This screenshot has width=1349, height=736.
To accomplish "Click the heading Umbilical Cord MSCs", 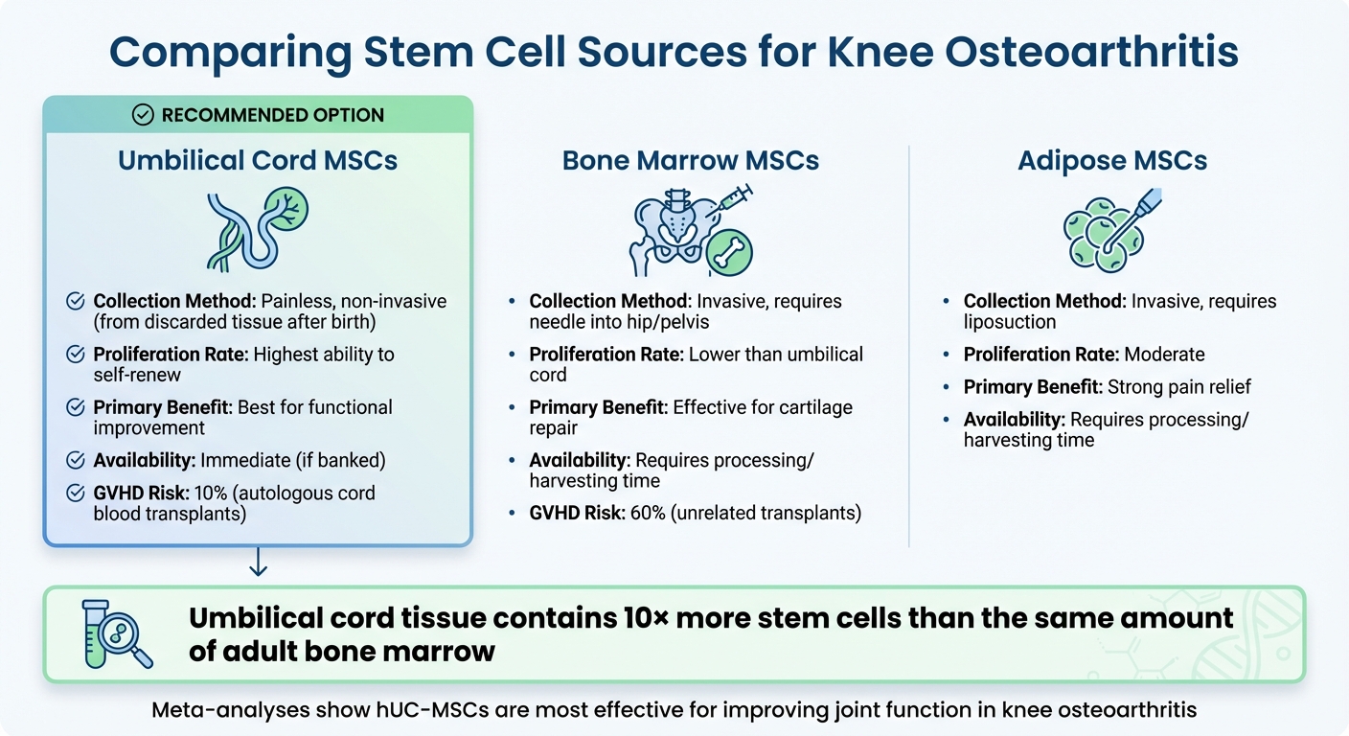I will (258, 160).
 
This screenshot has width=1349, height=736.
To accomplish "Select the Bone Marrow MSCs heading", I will (690, 160).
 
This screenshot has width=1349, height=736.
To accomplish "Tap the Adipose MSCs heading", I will (1112, 160).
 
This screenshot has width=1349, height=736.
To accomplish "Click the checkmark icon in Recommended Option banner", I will (143, 115).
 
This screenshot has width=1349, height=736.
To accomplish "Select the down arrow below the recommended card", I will (258, 565).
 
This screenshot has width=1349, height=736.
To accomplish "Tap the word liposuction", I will (1010, 322).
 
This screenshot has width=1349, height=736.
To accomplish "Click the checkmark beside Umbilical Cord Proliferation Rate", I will (75, 355).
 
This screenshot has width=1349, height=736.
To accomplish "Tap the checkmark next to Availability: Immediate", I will (75, 460).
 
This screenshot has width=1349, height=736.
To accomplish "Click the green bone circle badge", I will (729, 252).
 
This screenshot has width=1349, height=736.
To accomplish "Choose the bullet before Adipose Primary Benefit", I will (946, 388).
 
